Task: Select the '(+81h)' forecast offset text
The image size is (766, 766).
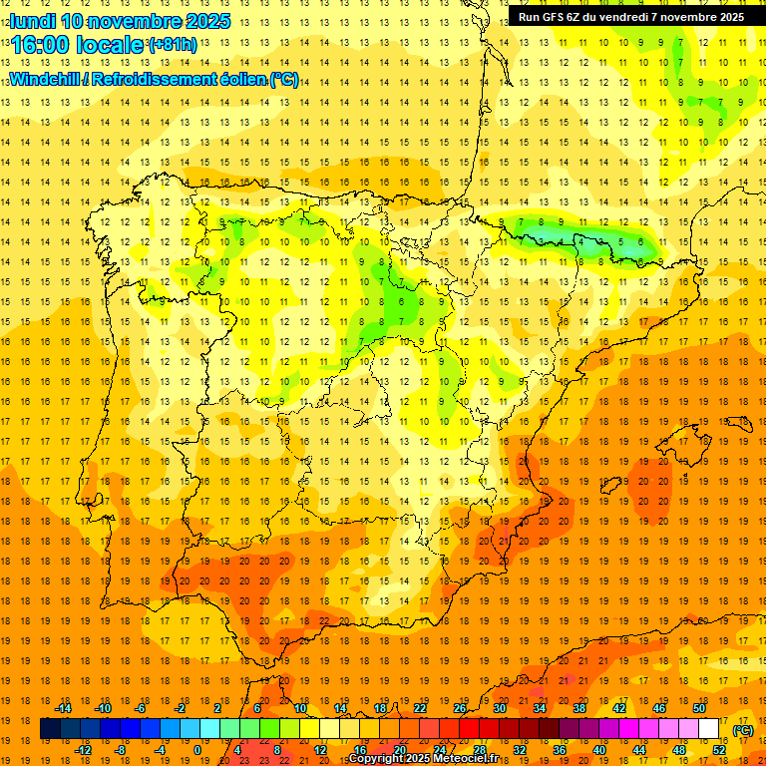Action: [173, 45]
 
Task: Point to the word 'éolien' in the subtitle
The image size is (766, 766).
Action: [238, 80]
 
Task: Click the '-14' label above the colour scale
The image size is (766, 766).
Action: [63, 708]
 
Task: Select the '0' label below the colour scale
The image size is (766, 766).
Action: [196, 750]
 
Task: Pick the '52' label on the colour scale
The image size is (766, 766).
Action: [718, 750]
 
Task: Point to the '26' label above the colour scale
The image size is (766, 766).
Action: [460, 708]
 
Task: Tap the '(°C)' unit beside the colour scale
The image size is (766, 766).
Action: [742, 730]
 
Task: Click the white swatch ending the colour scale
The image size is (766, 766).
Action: [708, 729]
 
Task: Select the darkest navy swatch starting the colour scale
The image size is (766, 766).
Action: [50, 729]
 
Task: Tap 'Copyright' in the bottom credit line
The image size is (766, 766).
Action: [377, 759]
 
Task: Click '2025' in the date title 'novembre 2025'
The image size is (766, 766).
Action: [206, 21]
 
